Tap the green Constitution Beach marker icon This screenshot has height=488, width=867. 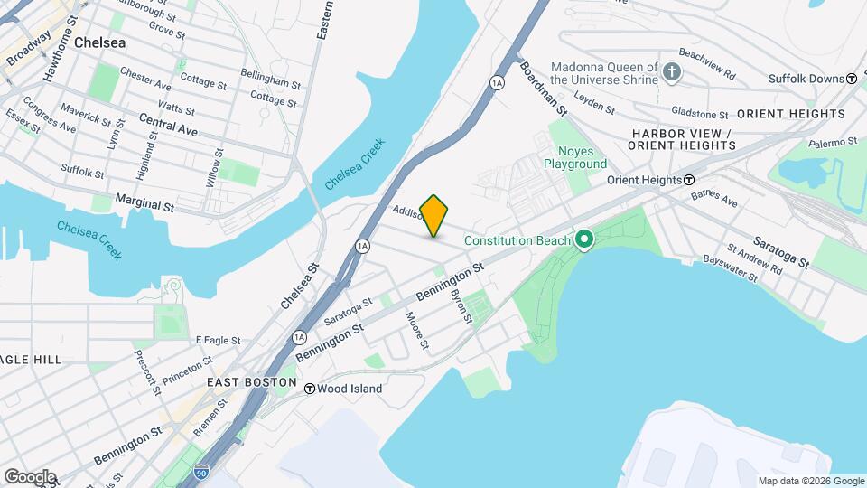pyautogui.click(x=583, y=239)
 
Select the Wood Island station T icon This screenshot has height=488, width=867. pyautogui.click(x=310, y=389)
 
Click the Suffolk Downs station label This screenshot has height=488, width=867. pyautogui.click(x=806, y=79)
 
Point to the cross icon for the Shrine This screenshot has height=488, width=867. pyautogui.click(x=671, y=71)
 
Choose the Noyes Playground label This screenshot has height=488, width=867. pyautogui.click(x=575, y=158)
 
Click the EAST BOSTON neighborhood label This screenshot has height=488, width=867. pyautogui.click(x=251, y=382)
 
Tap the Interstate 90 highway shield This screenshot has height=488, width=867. pyautogui.click(x=199, y=471)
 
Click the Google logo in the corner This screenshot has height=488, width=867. pyautogui.click(x=30, y=476)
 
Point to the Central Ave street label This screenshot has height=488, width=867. pyautogui.click(x=168, y=124)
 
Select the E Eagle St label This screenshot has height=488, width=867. pyautogui.click(x=218, y=340)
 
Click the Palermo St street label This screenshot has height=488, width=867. pyautogui.click(x=832, y=143)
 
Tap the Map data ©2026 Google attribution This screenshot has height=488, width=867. pyautogui.click(x=810, y=481)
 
